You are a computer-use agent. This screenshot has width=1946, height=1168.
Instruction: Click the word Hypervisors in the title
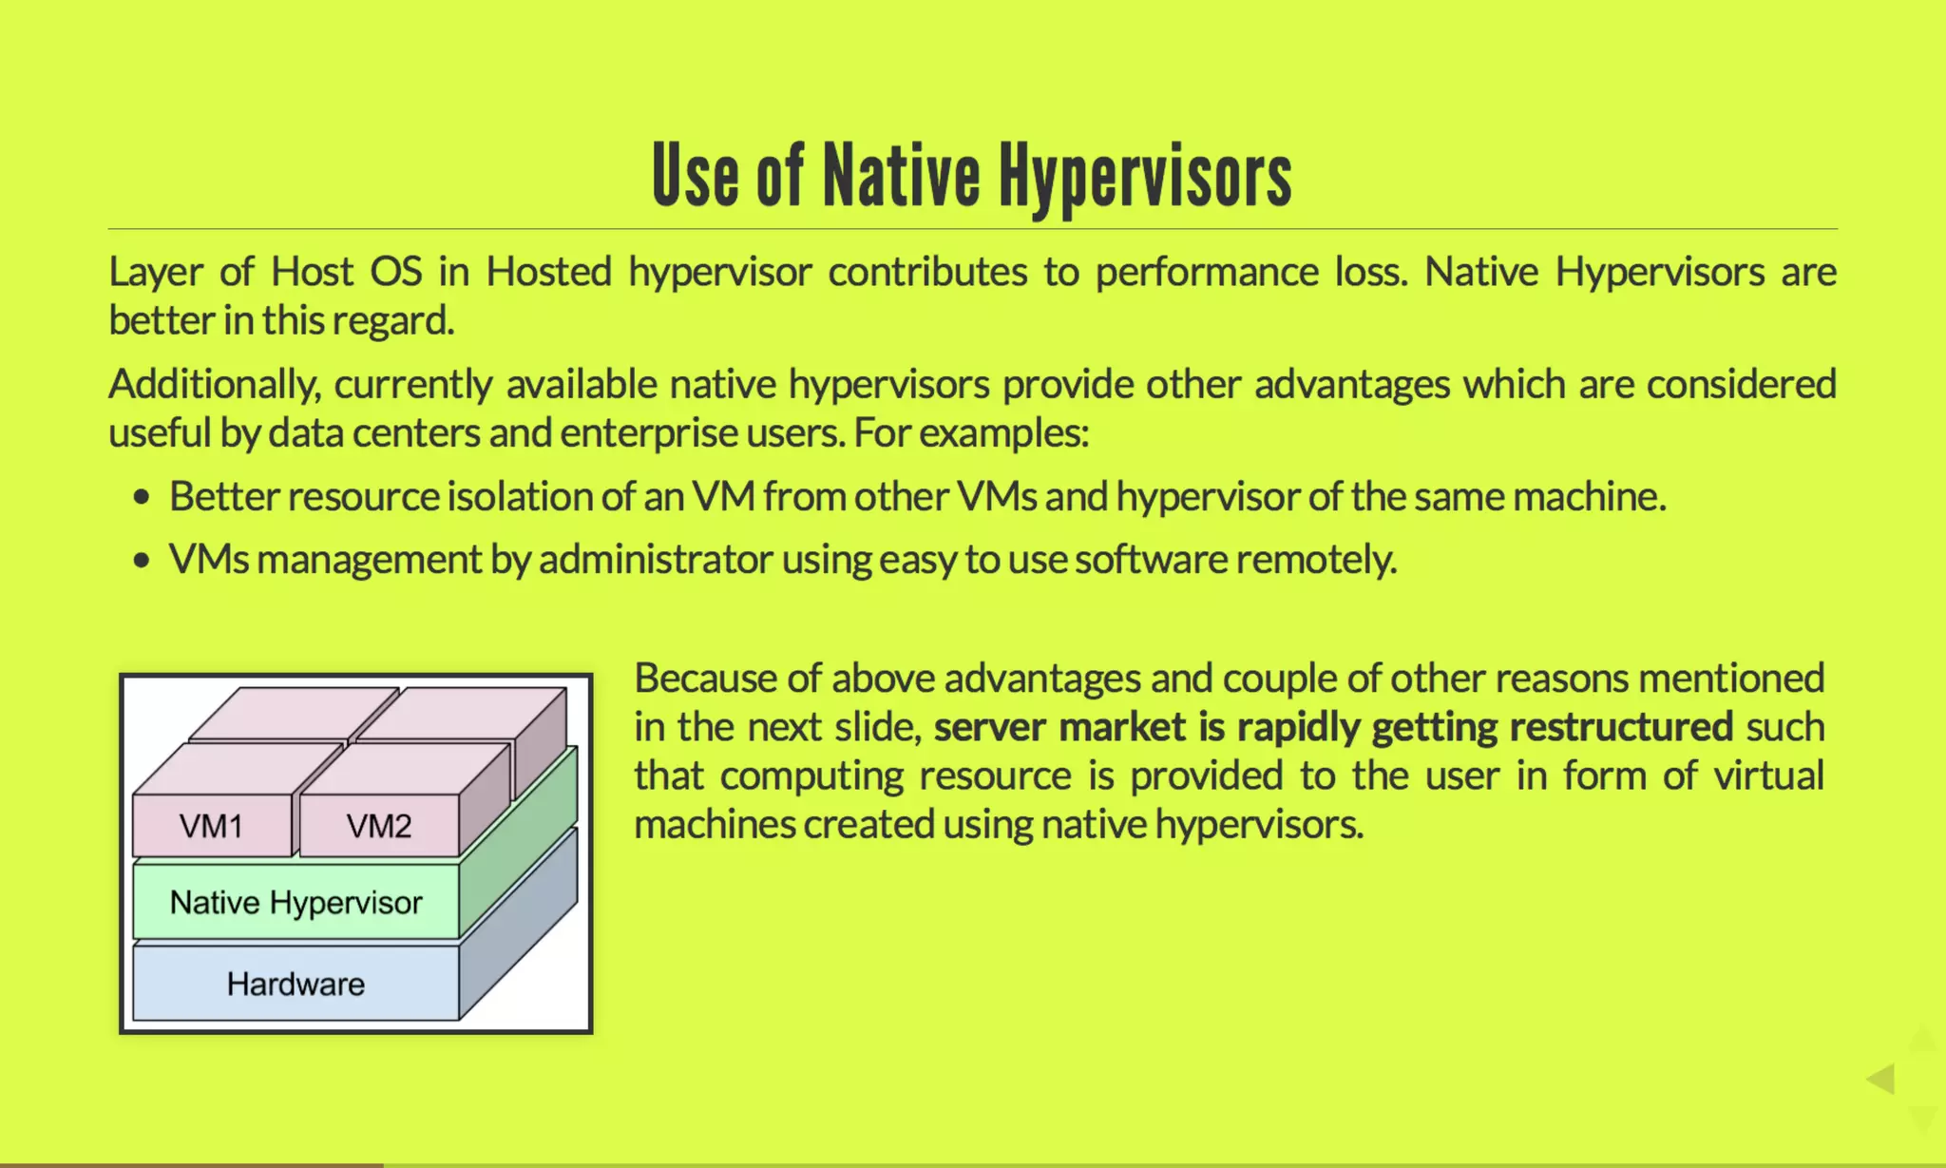pyautogui.click(x=1144, y=177)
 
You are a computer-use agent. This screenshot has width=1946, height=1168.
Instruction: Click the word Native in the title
pyautogui.click(x=900, y=177)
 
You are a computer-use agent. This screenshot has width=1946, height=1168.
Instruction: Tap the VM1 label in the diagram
pyautogui.click(x=211, y=826)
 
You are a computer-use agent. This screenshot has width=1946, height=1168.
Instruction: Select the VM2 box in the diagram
pyautogui.click(x=378, y=826)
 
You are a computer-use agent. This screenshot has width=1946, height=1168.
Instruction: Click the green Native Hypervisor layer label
pyautogui.click(x=296, y=902)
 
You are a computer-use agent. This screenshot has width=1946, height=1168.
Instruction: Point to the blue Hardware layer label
pyautogui.click(x=296, y=984)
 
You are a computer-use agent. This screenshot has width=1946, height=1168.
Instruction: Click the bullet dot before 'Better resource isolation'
pyautogui.click(x=142, y=497)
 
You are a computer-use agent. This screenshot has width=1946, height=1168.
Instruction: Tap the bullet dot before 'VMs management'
pyautogui.click(x=142, y=560)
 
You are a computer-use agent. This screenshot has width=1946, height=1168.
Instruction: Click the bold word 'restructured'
pyautogui.click(x=1621, y=727)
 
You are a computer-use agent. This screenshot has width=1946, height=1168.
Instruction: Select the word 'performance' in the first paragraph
pyautogui.click(x=1207, y=272)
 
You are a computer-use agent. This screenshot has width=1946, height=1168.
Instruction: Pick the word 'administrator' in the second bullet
pyautogui.click(x=655, y=559)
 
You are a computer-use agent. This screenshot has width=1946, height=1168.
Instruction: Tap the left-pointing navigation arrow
pyautogui.click(x=1880, y=1079)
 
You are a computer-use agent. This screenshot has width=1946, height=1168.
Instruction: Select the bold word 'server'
pyautogui.click(x=989, y=727)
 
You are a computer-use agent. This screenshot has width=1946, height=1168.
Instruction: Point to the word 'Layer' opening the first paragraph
pyautogui.click(x=155, y=272)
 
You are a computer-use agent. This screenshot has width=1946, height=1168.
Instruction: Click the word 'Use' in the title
pyautogui.click(x=695, y=177)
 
